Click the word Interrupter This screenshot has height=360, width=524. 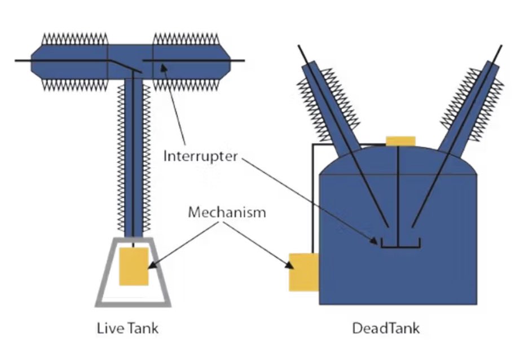(201, 156)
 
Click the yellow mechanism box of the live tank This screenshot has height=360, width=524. (134, 266)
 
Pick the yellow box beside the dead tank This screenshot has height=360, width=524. (303, 272)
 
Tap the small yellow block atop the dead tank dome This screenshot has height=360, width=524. (400, 141)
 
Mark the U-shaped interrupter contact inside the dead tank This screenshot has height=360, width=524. (400, 244)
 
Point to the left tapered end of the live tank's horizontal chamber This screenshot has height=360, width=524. (37, 60)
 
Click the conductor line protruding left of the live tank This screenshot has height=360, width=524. (23, 60)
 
